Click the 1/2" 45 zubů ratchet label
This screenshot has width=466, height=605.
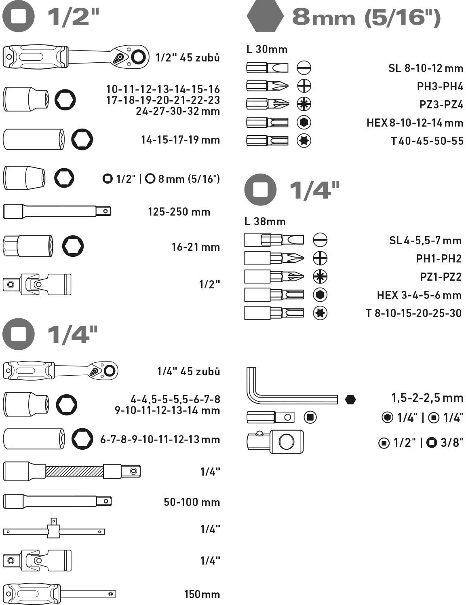click(x=188, y=58)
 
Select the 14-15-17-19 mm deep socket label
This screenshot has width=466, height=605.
click(x=180, y=140)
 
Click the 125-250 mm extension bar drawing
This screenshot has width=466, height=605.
click(x=57, y=211)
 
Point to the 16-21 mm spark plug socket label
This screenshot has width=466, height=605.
click(x=196, y=247)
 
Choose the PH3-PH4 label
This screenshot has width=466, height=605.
click(x=440, y=86)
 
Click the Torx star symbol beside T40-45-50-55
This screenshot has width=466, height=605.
click(x=304, y=141)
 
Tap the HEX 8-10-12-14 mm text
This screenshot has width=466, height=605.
click(x=415, y=123)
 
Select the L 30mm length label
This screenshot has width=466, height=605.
click(x=267, y=49)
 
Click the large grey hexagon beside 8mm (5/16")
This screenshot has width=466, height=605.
click(x=265, y=17)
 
